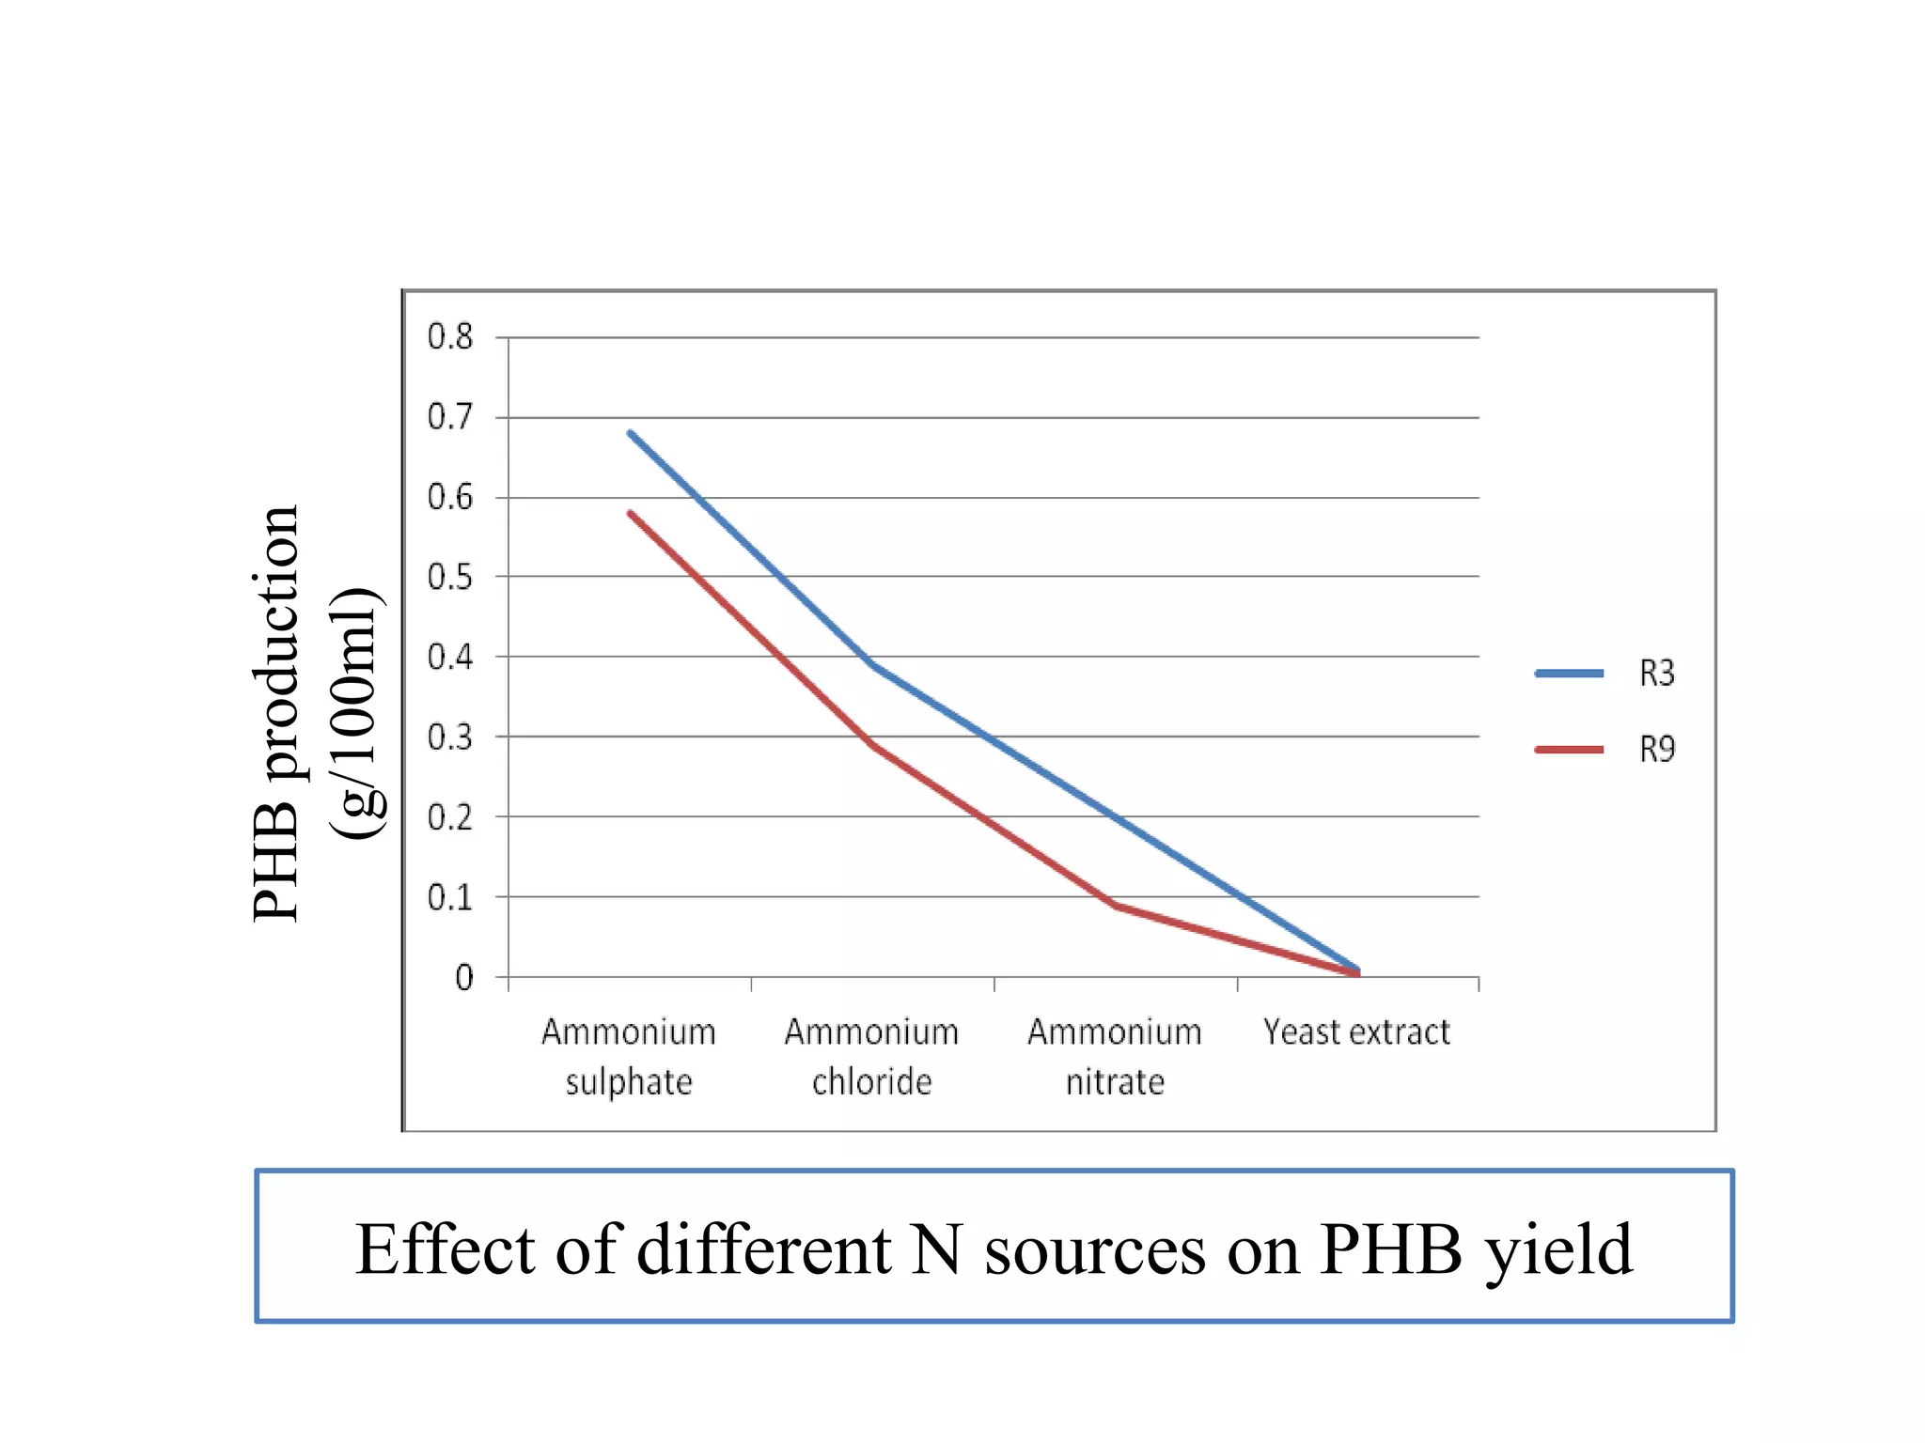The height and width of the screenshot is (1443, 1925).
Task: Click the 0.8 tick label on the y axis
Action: (x=450, y=336)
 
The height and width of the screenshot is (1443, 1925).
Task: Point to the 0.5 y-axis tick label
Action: (x=450, y=577)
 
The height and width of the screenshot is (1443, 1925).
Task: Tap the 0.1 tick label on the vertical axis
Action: (x=450, y=898)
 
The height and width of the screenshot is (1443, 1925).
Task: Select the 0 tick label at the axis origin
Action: (x=463, y=978)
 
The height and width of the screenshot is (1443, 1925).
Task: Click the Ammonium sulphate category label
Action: (x=629, y=1057)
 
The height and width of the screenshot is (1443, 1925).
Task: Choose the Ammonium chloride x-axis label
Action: (x=871, y=1057)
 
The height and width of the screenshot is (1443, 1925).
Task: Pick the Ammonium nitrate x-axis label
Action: (x=1115, y=1057)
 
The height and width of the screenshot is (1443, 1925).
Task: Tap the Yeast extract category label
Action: (x=1356, y=1032)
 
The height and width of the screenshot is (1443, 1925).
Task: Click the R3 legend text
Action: (x=1657, y=674)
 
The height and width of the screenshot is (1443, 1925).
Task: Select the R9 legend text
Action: (x=1657, y=750)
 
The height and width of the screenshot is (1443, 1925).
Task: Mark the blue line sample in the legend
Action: (x=1569, y=674)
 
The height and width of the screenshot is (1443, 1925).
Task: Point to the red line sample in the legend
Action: (x=1569, y=750)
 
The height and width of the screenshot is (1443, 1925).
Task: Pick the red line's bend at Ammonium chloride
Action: (x=873, y=745)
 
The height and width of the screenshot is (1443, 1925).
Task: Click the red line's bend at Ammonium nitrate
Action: (x=1115, y=905)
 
